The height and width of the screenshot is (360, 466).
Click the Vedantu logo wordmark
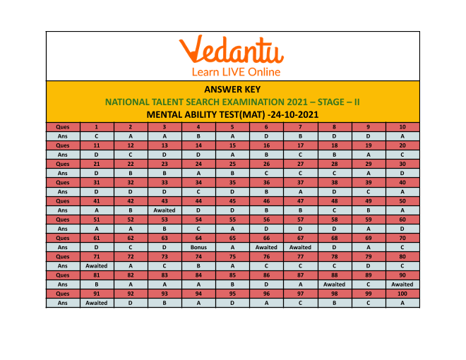pos(231,50)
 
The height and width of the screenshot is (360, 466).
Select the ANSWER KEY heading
pos(232,89)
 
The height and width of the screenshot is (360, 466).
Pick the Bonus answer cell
pos(198,248)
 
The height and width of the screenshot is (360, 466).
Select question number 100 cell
pos(402,294)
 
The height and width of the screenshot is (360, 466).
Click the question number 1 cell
pos(96,126)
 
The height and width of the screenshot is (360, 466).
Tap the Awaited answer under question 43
pos(164,210)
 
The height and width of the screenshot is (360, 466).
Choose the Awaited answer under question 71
pos(96,265)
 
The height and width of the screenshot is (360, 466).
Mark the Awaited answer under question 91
pos(96,303)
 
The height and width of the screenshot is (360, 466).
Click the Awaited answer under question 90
pos(402,284)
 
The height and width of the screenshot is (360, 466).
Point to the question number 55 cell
pos(232,220)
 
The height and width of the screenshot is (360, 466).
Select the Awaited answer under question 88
pos(334,284)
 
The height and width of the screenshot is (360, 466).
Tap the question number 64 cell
pos(198,239)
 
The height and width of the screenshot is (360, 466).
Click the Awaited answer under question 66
pos(266,248)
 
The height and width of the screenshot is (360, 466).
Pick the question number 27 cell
pos(300,163)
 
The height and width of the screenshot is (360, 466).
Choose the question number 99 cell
pos(368,294)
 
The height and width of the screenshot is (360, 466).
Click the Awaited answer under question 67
pos(300,248)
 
